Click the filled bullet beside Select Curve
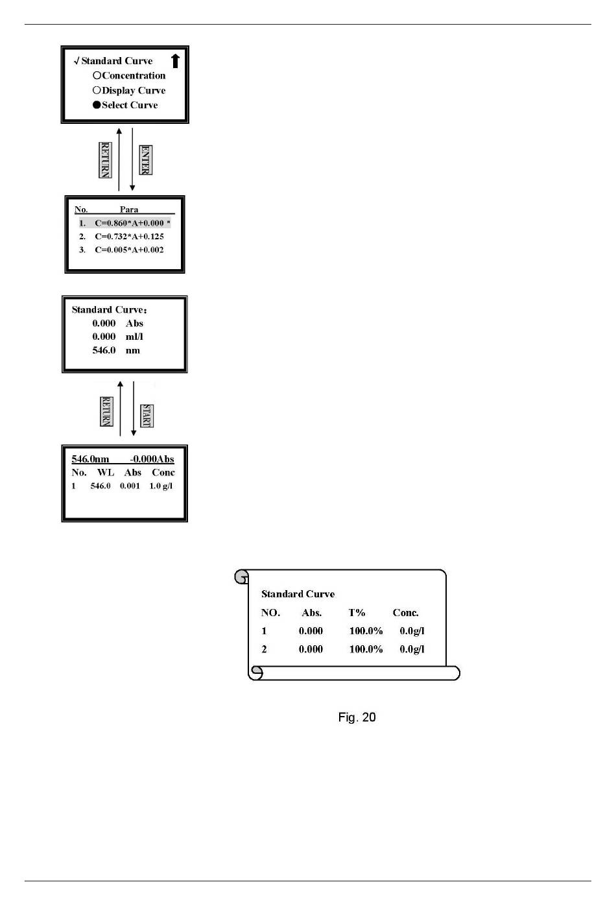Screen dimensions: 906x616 tap(97, 105)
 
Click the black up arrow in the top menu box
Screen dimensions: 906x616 tap(175, 61)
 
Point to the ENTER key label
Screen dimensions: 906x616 tap(146, 160)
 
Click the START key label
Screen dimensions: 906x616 tap(147, 416)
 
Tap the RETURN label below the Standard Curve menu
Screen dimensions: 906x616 tap(105, 160)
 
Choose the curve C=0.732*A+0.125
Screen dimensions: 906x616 tap(129, 237)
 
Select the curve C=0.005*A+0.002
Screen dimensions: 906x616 tap(129, 250)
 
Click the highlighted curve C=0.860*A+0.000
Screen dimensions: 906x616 tap(129, 223)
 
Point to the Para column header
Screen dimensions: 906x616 tap(128, 209)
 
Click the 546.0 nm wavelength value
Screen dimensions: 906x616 tap(104, 350)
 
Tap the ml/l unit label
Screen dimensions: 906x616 tap(134, 337)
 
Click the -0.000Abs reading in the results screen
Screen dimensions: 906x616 tap(152, 459)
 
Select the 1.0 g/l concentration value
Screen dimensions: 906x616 tap(161, 486)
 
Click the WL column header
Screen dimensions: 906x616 tap(105, 473)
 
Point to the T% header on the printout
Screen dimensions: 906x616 tap(357, 613)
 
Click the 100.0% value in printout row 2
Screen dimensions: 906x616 tap(366, 649)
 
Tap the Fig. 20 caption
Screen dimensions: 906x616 tap(357, 717)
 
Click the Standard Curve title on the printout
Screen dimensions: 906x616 tap(298, 594)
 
